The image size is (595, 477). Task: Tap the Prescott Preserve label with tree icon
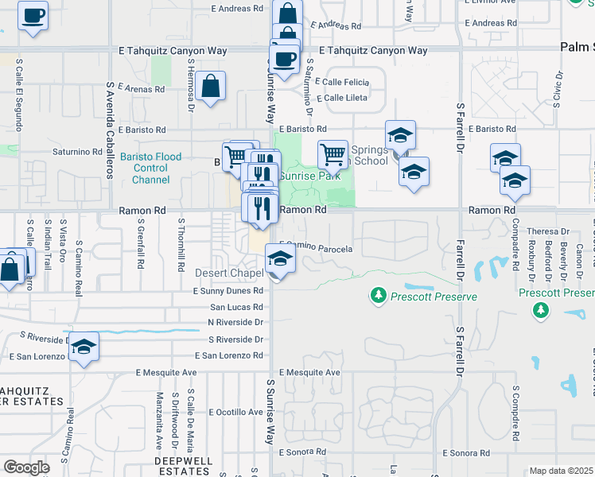click(x=425, y=297)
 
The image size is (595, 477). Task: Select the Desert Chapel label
click(x=229, y=273)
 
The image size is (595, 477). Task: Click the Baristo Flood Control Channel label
click(x=151, y=168)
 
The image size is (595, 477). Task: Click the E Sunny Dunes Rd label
click(x=227, y=291)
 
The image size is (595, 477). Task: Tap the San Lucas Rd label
click(x=236, y=307)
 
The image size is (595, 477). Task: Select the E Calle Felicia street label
click(x=342, y=82)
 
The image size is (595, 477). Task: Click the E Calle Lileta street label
click(x=342, y=99)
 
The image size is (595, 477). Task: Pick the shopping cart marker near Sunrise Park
click(x=332, y=153)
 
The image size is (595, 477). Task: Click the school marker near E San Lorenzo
click(x=84, y=347)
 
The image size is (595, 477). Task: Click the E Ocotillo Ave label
click(x=236, y=413)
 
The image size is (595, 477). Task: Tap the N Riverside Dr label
click(x=235, y=322)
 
